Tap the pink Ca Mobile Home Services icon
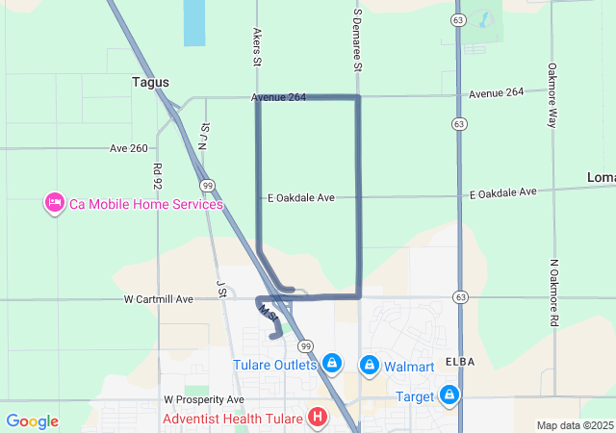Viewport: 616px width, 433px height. [x=54, y=204]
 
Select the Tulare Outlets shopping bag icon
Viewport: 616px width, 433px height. [x=331, y=364]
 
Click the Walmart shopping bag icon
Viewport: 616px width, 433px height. [x=369, y=365]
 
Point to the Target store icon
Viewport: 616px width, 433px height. [x=449, y=395]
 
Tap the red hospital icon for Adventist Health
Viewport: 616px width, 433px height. [x=317, y=419]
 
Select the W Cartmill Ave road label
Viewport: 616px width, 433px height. [x=159, y=299]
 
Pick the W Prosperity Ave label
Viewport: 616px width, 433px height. [x=204, y=399]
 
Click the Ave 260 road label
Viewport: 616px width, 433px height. [x=129, y=148]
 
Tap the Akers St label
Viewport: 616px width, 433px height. [x=257, y=47]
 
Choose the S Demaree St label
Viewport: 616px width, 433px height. [x=357, y=42]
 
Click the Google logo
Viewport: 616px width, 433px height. [x=32, y=421]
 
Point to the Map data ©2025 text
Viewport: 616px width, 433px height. [x=574, y=425]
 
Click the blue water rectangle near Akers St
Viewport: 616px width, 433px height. [x=193, y=23]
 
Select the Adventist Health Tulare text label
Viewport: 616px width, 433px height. [x=232, y=419]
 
